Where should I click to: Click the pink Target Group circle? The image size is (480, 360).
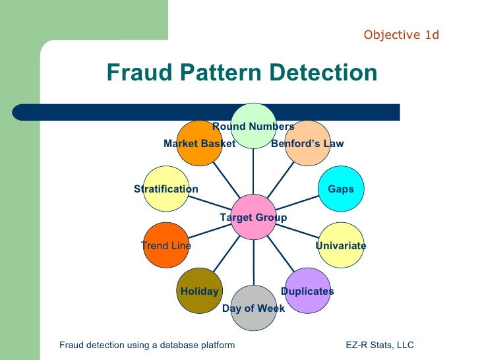point(254,216)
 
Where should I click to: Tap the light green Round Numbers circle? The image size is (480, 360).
point(254,125)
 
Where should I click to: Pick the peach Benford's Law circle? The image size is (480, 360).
point(308,142)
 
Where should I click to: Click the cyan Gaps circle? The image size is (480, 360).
point(340,189)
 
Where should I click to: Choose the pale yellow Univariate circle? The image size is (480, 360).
point(340,245)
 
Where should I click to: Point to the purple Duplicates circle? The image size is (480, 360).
point(307,290)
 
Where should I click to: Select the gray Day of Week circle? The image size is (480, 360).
point(254,308)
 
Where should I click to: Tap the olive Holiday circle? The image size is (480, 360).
point(199,291)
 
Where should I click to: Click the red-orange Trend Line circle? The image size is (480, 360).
point(166,245)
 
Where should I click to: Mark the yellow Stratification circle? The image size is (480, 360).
point(166,189)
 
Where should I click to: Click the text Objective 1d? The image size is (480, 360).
point(401,35)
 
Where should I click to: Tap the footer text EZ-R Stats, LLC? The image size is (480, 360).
point(380,345)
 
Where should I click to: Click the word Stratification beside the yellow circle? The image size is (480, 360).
point(166,189)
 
